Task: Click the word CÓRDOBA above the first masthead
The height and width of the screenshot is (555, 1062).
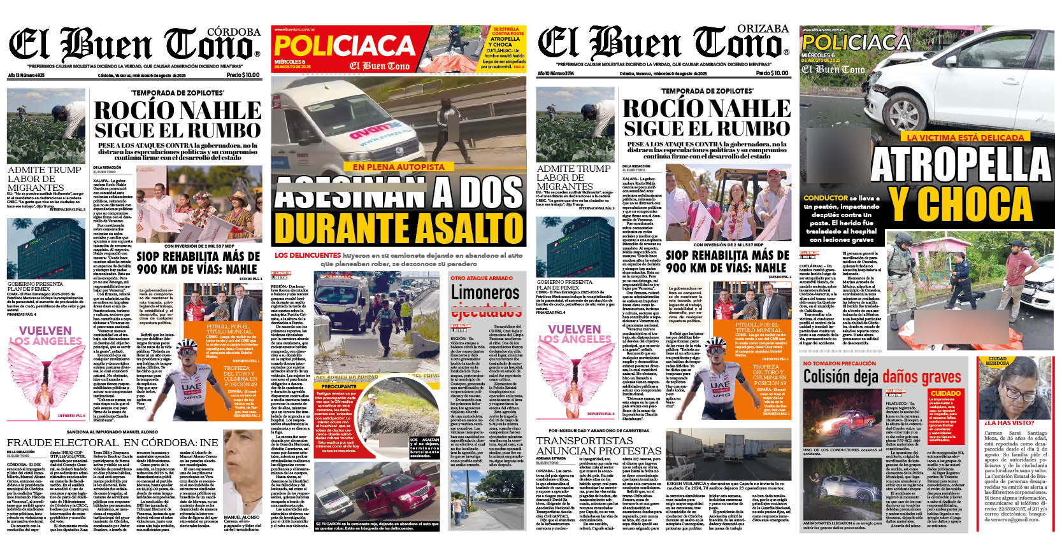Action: coord(234,31)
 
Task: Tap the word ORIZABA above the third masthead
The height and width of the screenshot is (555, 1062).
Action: coord(763,29)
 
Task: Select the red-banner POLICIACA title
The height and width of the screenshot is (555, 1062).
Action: coord(344,46)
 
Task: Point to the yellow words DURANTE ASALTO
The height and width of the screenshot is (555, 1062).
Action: coord(399,228)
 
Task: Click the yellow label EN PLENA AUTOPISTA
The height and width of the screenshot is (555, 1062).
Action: coord(398,167)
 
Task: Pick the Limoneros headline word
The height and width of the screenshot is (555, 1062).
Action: coord(485,292)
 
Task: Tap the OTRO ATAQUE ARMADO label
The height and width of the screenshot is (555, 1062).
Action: coord(482,278)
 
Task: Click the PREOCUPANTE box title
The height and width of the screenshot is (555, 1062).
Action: coord(339,386)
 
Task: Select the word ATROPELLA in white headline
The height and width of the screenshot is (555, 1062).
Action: coord(960,164)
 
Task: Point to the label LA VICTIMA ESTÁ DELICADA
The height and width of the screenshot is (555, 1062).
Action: coord(956,137)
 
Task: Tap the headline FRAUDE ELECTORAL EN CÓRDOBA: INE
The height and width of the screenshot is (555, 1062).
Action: coord(112,442)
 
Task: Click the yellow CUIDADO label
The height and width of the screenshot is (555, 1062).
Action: coord(945,393)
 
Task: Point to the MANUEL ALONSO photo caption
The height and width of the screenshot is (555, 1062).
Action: coord(241,517)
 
